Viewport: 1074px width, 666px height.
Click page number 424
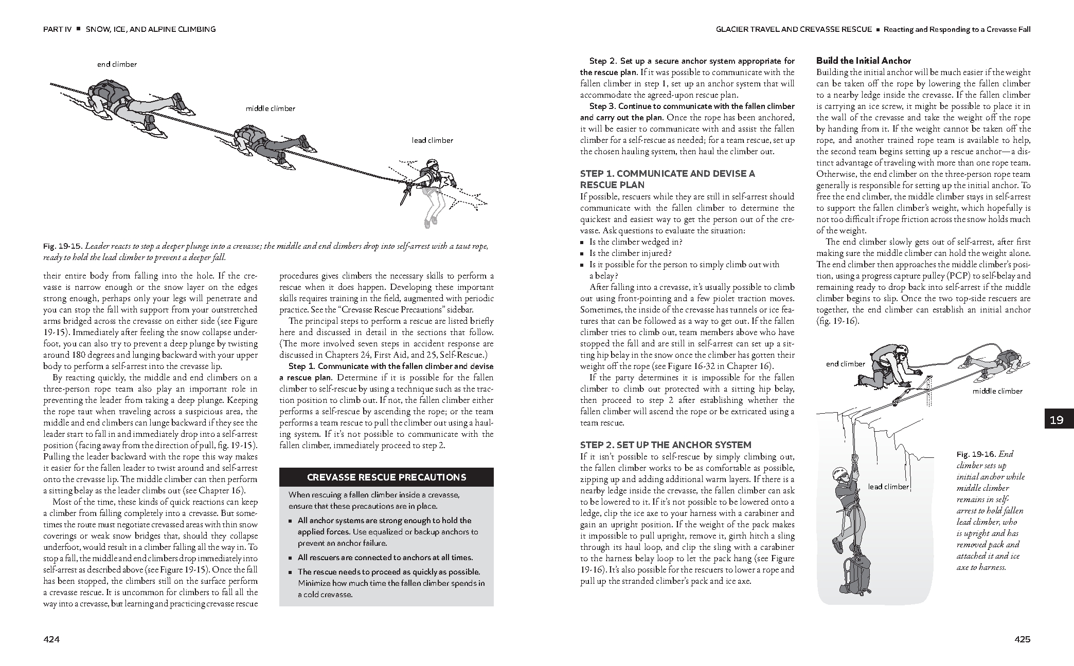pos(51,639)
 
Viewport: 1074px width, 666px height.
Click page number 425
pos(1022,639)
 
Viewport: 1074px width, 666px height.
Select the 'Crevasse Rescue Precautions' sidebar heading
pos(386,477)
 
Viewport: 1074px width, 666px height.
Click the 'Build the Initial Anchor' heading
pos(864,61)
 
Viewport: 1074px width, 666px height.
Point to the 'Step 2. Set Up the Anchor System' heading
pos(666,445)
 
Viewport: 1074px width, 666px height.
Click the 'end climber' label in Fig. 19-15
pos(117,64)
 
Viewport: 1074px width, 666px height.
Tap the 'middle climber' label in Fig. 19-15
pos(271,108)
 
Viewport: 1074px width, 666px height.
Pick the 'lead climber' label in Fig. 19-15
pos(432,140)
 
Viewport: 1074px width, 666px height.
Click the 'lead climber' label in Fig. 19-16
pos(888,487)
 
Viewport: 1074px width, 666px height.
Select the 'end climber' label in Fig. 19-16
pos(846,364)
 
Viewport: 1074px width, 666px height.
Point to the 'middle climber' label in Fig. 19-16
pos(997,391)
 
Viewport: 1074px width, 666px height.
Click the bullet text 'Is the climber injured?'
pos(631,253)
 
